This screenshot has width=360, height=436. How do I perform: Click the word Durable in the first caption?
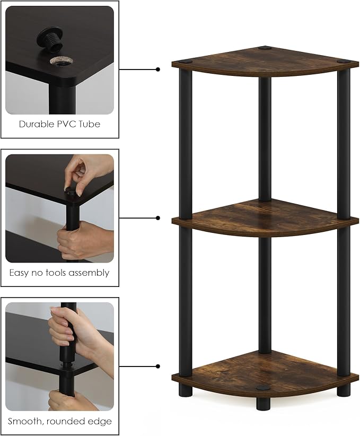(x=37, y=124)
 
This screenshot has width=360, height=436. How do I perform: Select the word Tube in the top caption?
(x=90, y=124)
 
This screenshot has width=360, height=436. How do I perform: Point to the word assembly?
(x=89, y=273)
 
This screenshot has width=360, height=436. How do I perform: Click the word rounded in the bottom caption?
(x=66, y=421)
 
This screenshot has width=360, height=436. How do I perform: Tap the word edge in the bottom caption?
(x=100, y=422)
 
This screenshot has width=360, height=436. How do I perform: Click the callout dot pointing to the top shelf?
(x=158, y=69)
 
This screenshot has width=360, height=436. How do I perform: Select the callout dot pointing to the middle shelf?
(x=158, y=217)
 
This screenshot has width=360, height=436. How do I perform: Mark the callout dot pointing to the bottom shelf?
(x=158, y=366)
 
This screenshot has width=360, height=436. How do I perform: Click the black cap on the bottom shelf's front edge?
(x=262, y=388)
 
